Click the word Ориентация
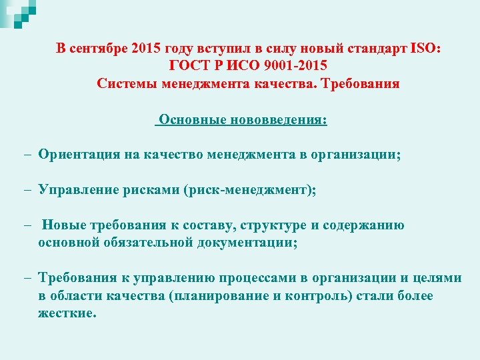(79, 155)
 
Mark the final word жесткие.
(67, 313)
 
